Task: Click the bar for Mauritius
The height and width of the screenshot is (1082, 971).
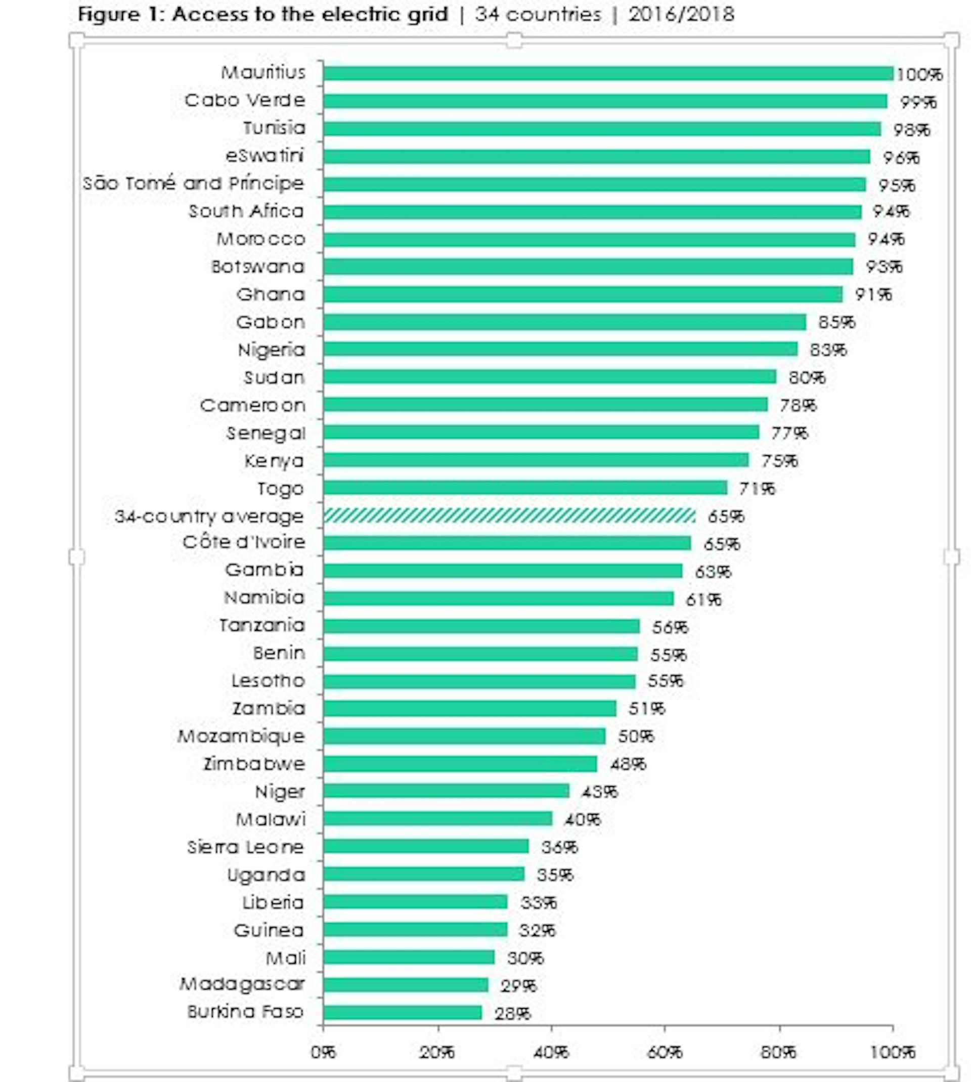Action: pyautogui.click(x=608, y=73)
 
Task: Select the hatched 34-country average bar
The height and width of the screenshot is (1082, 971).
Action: pyautogui.click(x=509, y=516)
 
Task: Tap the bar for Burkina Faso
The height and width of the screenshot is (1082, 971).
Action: pyautogui.click(x=402, y=1012)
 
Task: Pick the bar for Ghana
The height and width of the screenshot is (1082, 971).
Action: pyautogui.click(x=583, y=294)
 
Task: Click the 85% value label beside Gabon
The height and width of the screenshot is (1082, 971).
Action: pyautogui.click(x=836, y=322)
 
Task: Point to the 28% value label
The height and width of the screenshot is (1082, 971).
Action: pyautogui.click(x=512, y=1013)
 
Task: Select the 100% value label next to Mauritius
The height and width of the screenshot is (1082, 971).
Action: pyautogui.click(x=919, y=74)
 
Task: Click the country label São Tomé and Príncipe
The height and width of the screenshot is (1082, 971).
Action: pyautogui.click(x=193, y=184)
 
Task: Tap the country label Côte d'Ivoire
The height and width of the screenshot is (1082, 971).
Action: pyautogui.click(x=244, y=542)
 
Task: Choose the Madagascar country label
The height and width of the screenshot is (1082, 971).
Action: pyautogui.click(x=242, y=984)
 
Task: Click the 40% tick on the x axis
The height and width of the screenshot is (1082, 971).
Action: pyautogui.click(x=551, y=1052)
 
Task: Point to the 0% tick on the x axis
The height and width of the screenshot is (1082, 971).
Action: pyautogui.click(x=323, y=1052)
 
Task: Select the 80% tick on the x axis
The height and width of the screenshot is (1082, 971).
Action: pyautogui.click(x=778, y=1052)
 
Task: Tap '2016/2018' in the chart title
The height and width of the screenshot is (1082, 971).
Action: pyautogui.click(x=681, y=14)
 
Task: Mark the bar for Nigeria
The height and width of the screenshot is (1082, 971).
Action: pyautogui.click(x=560, y=349)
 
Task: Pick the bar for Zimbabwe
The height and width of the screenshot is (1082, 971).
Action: pyautogui.click(x=460, y=764)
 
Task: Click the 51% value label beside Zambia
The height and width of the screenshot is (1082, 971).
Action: pyautogui.click(x=647, y=709)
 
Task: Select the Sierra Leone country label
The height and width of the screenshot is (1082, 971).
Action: pyautogui.click(x=245, y=847)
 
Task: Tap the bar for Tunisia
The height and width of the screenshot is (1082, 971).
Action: pyautogui.click(x=602, y=128)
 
